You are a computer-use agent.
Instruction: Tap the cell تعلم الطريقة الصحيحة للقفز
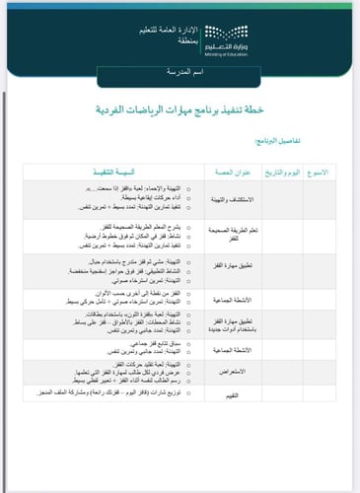pyautogui.click(x=235, y=233)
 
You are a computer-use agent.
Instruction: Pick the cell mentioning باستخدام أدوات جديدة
pyautogui.click(x=235, y=322)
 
